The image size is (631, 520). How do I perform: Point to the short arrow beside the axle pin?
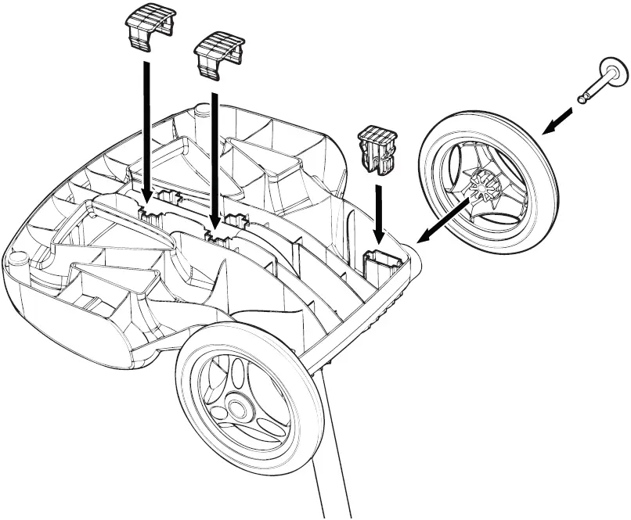[561, 119]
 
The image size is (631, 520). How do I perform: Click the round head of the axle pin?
[613, 71]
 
